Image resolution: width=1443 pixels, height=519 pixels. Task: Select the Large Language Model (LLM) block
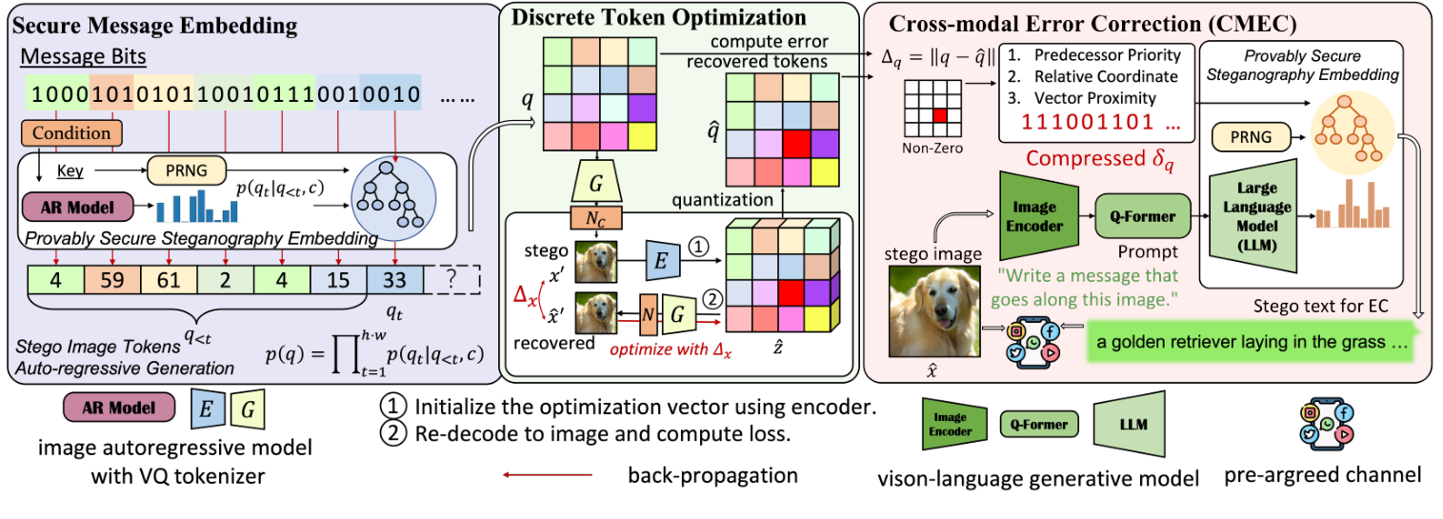click(x=1251, y=217)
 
